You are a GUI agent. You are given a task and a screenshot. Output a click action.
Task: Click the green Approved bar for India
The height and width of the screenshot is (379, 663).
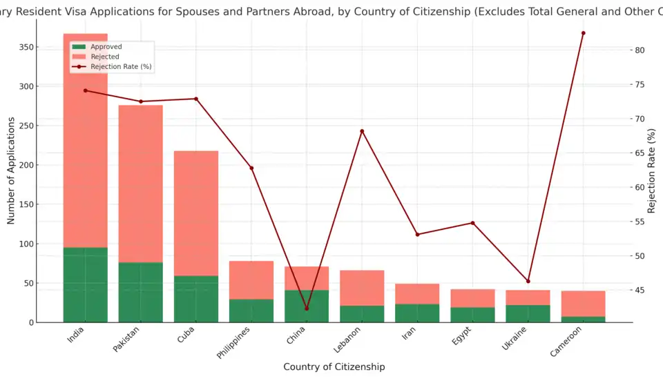(85, 284)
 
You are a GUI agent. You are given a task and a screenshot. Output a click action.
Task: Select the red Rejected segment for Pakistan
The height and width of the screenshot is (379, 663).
(141, 184)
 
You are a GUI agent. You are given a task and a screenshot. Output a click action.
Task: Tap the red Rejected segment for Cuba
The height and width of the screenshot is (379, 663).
(196, 213)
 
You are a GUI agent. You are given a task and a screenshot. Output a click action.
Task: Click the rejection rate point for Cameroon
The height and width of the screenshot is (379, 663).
(583, 33)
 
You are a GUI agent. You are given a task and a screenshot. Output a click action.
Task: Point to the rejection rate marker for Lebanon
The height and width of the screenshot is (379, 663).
(362, 131)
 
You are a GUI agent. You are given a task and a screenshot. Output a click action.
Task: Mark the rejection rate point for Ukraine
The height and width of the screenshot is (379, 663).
(528, 281)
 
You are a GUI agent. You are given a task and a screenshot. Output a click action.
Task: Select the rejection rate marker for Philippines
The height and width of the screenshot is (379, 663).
(251, 168)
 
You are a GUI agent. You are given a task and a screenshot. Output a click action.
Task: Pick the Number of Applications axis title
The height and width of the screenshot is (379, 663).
(11, 171)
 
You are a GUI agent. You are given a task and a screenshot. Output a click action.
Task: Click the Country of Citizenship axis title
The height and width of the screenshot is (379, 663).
(334, 367)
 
